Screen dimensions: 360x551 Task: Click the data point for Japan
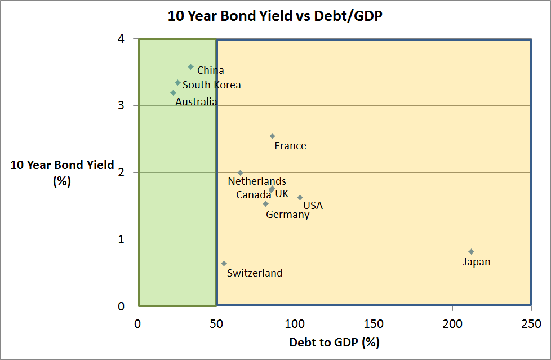click(x=471, y=251)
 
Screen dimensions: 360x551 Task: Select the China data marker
click(x=190, y=66)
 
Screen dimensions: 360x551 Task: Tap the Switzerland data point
click(x=224, y=263)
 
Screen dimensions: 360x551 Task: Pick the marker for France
click(x=272, y=136)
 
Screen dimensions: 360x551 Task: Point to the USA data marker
click(x=300, y=197)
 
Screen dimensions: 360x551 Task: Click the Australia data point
click(x=173, y=92)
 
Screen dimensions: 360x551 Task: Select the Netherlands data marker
click(x=240, y=172)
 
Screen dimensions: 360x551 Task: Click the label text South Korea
click(x=211, y=85)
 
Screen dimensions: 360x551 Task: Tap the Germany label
click(x=287, y=215)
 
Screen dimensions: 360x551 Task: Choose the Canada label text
click(x=254, y=195)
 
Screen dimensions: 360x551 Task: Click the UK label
click(x=282, y=194)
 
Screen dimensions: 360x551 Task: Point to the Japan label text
click(x=477, y=262)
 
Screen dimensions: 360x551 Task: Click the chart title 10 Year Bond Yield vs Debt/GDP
click(x=275, y=16)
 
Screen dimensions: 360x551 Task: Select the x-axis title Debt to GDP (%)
click(x=334, y=342)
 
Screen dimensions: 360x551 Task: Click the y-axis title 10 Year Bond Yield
click(x=63, y=165)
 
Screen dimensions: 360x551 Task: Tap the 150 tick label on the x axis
click(x=373, y=324)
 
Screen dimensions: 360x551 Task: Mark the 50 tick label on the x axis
click(x=216, y=324)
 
